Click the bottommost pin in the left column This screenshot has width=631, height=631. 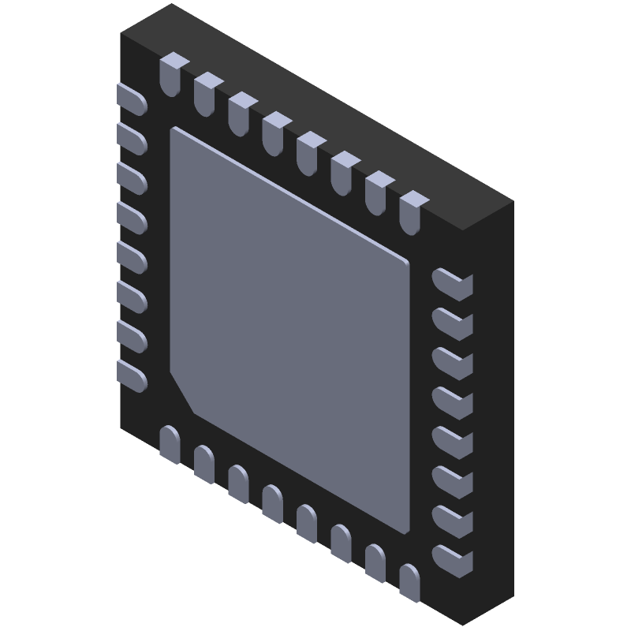click(x=132, y=375)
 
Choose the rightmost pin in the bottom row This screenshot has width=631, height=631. click(x=409, y=582)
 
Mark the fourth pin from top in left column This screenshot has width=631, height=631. click(x=132, y=216)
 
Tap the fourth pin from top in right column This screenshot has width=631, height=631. click(x=451, y=401)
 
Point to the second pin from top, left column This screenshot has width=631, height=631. click(x=132, y=136)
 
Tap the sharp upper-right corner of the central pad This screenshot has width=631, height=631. click(x=406, y=260)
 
